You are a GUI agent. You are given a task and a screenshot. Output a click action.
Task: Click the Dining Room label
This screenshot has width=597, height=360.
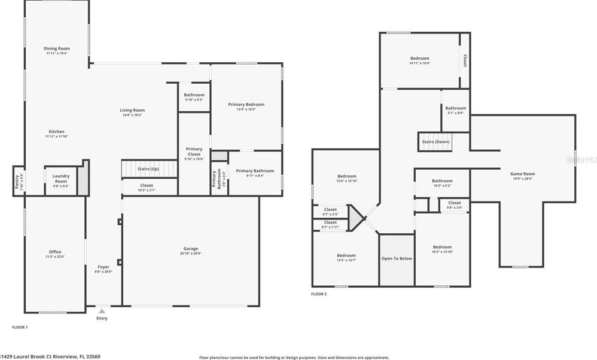pyautogui.click(x=57, y=48)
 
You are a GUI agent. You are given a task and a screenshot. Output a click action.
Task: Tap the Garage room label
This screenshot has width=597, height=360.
pyautogui.click(x=191, y=249)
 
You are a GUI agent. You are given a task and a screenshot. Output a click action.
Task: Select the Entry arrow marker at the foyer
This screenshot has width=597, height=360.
pyautogui.click(x=102, y=311)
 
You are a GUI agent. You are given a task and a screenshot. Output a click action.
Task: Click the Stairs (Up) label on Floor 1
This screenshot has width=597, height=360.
pyautogui.click(x=148, y=169)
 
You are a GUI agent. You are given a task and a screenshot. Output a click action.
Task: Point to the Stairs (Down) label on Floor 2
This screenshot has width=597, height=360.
pyautogui.click(x=435, y=142)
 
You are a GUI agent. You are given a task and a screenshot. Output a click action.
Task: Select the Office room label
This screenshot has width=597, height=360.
pyautogui.click(x=55, y=252)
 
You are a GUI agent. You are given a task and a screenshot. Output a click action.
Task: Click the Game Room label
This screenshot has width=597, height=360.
pyautogui.click(x=522, y=174)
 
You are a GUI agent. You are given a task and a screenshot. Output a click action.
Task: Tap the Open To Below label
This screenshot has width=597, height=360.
pyautogui.click(x=397, y=258)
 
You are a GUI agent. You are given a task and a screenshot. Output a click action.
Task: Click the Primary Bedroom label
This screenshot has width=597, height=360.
pyautogui.click(x=246, y=105)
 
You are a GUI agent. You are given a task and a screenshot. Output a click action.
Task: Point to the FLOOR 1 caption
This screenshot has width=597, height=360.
pyautogui.click(x=20, y=327)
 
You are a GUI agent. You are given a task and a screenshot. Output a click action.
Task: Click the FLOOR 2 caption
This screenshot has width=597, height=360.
pyautogui.click(x=319, y=294)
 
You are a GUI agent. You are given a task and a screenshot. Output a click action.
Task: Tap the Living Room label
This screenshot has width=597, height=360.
pyautogui.click(x=132, y=110)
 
